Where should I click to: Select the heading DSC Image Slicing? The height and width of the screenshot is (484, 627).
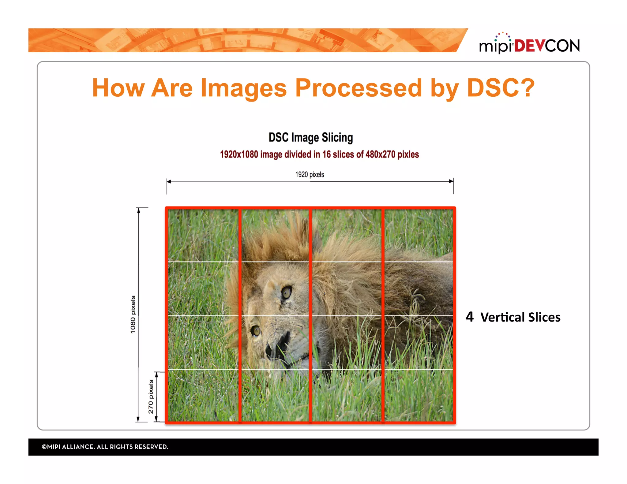coord(310,137)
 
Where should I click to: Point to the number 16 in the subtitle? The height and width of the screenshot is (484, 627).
coord(326,154)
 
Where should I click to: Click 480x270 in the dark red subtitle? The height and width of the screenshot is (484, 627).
coord(380,154)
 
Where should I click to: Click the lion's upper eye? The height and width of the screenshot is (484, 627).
coord(287,292)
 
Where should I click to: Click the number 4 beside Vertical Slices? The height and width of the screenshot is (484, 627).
coord(470,317)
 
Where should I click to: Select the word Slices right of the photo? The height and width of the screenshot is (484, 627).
coord(544,317)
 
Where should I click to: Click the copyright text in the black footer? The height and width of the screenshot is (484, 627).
coord(105,447)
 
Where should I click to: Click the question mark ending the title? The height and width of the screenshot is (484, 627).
coord(527,88)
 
